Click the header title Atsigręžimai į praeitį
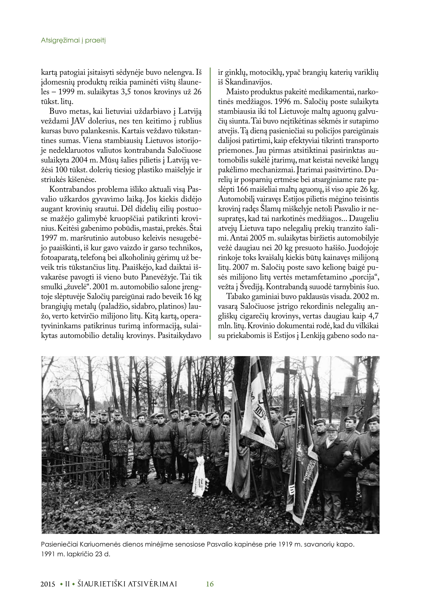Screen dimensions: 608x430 coord(73,40)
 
